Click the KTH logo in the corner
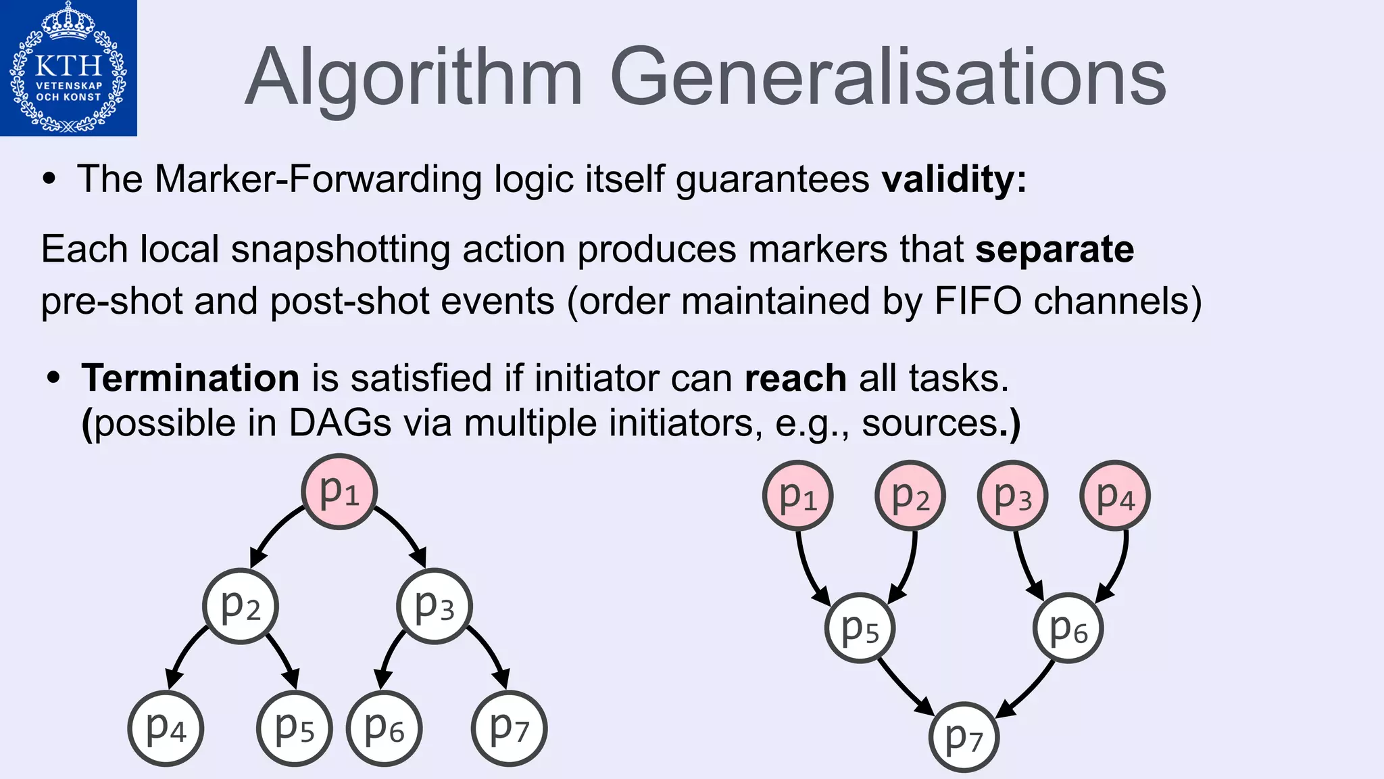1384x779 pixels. (x=68, y=68)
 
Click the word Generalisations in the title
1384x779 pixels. (x=888, y=77)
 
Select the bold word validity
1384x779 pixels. (x=954, y=179)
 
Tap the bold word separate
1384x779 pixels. (x=1054, y=249)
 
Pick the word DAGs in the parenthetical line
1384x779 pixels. (x=340, y=423)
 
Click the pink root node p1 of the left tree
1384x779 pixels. (x=339, y=492)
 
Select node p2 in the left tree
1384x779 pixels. (x=241, y=606)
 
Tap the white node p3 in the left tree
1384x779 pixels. (x=434, y=606)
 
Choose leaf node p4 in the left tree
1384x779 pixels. (x=166, y=728)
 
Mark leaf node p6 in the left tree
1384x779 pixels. (x=384, y=728)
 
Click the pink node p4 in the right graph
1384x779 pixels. (x=1115, y=496)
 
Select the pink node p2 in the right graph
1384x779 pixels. (x=910, y=496)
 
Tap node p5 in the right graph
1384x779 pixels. (x=860, y=628)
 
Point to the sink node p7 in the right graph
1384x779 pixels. (x=963, y=737)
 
